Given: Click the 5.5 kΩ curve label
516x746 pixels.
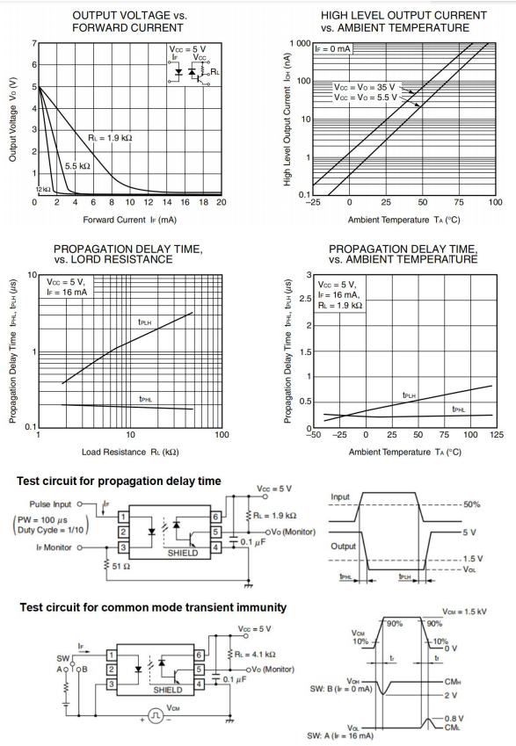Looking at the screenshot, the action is click(x=77, y=166).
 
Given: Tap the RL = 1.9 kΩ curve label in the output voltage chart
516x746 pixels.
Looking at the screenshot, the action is click(x=110, y=138).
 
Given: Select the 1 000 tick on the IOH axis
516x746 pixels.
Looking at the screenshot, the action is click(x=300, y=43).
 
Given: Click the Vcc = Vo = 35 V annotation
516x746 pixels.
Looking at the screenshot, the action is click(x=364, y=87).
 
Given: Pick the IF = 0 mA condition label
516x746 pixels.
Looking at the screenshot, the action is click(x=332, y=49).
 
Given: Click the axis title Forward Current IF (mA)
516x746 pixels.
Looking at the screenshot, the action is click(x=129, y=220).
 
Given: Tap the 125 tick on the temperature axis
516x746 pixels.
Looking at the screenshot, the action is click(x=497, y=434).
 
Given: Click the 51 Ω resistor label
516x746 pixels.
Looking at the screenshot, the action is click(x=121, y=566).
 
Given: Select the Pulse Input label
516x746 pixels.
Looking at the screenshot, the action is click(x=50, y=504).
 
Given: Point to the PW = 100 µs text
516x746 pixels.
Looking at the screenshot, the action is click(x=40, y=519).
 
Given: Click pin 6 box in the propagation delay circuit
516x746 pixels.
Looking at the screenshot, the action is click(x=215, y=517).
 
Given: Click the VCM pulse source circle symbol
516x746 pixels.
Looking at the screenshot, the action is click(x=156, y=715).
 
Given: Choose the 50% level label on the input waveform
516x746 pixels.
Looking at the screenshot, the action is click(x=471, y=504).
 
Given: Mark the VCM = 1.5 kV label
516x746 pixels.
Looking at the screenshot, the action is click(x=465, y=612).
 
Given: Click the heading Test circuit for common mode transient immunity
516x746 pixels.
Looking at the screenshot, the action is click(x=153, y=607).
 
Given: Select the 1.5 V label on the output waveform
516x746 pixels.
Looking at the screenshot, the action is click(x=473, y=559).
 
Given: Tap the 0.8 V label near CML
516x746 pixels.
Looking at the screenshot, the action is click(x=454, y=719).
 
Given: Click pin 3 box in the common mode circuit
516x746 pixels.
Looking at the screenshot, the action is click(x=111, y=684).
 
